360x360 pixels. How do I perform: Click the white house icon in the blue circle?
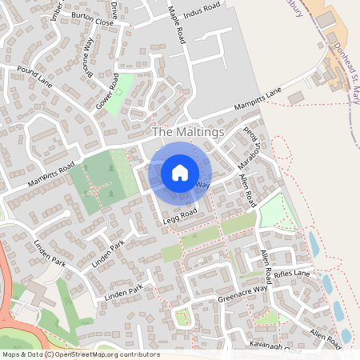(180, 172)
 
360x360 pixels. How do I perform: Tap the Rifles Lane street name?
(291, 274)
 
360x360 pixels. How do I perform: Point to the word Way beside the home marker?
(202, 185)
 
